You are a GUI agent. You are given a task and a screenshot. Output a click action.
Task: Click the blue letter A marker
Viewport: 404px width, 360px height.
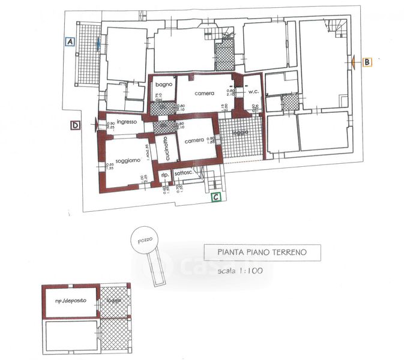tap(70, 42)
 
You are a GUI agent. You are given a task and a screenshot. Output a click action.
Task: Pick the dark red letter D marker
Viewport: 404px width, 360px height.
tap(75, 125)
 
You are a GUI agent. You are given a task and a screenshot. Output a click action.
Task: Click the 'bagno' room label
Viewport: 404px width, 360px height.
tap(165, 85)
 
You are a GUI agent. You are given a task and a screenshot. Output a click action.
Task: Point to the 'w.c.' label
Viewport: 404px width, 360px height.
tap(253, 92)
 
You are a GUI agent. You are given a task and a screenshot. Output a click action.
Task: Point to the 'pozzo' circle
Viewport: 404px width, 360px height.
tap(144, 241)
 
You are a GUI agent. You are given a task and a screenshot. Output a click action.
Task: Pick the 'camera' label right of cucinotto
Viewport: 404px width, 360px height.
tap(194, 141)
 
